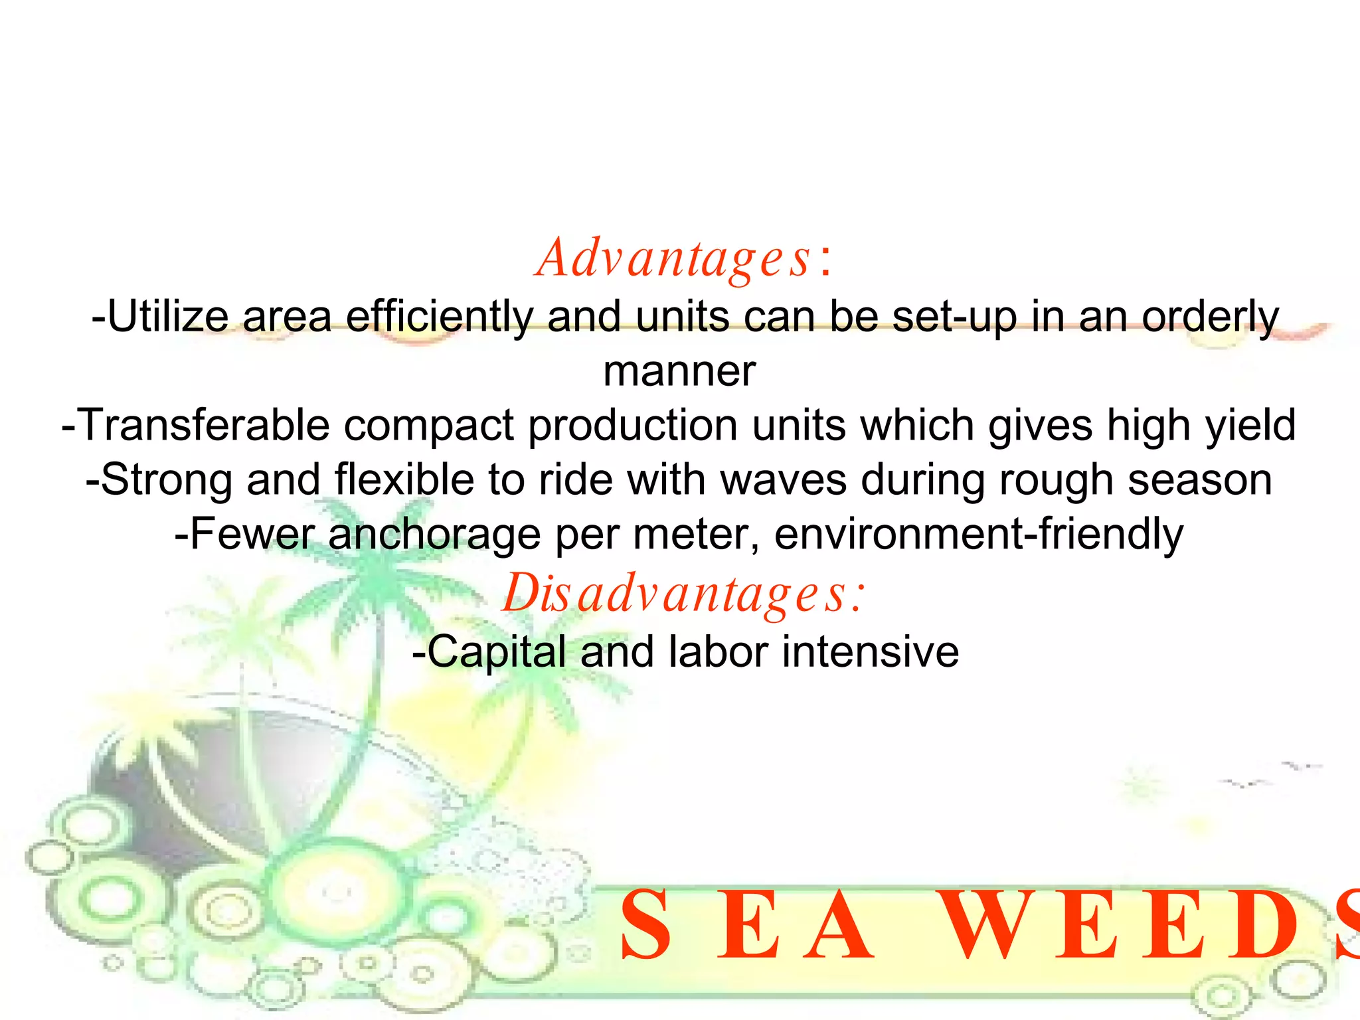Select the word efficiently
(x=439, y=317)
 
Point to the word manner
(x=679, y=371)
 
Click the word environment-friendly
(x=978, y=534)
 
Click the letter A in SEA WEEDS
(x=839, y=927)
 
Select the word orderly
(x=1210, y=317)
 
